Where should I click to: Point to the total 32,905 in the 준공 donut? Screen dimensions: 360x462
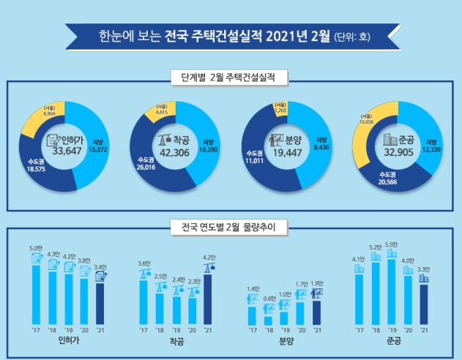point(400,154)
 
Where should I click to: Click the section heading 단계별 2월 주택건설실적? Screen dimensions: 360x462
point(231,75)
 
